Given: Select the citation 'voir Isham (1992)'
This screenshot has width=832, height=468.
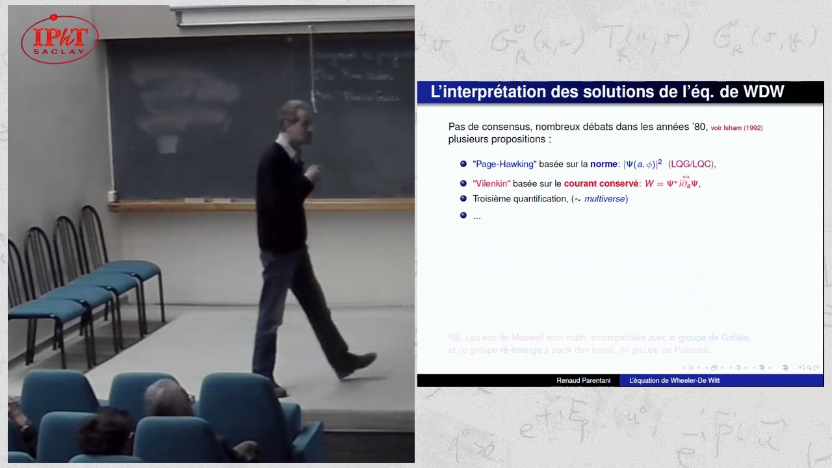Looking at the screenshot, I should pyautogui.click(x=736, y=128).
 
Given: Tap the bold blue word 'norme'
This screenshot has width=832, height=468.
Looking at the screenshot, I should pyautogui.click(x=604, y=164).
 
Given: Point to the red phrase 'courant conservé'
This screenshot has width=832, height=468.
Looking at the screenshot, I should pyautogui.click(x=601, y=184).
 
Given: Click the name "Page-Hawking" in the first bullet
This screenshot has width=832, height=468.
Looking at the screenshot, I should pyautogui.click(x=504, y=164).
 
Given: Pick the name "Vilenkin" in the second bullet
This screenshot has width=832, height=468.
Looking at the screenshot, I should pyautogui.click(x=491, y=184).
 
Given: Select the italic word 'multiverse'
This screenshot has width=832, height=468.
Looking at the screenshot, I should pyautogui.click(x=604, y=199).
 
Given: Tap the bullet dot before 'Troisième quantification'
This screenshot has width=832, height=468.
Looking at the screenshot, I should pyautogui.click(x=463, y=198).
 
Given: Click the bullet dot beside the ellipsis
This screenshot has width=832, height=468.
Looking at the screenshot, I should pyautogui.click(x=463, y=215).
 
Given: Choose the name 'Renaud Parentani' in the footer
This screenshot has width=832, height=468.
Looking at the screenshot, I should pyautogui.click(x=583, y=380).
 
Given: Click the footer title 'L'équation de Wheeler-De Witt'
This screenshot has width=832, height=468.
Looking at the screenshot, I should pyautogui.click(x=674, y=380).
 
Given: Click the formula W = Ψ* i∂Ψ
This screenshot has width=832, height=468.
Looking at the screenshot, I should pyautogui.click(x=672, y=184).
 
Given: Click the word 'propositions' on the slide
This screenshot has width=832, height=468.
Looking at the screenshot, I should pyautogui.click(x=521, y=139).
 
